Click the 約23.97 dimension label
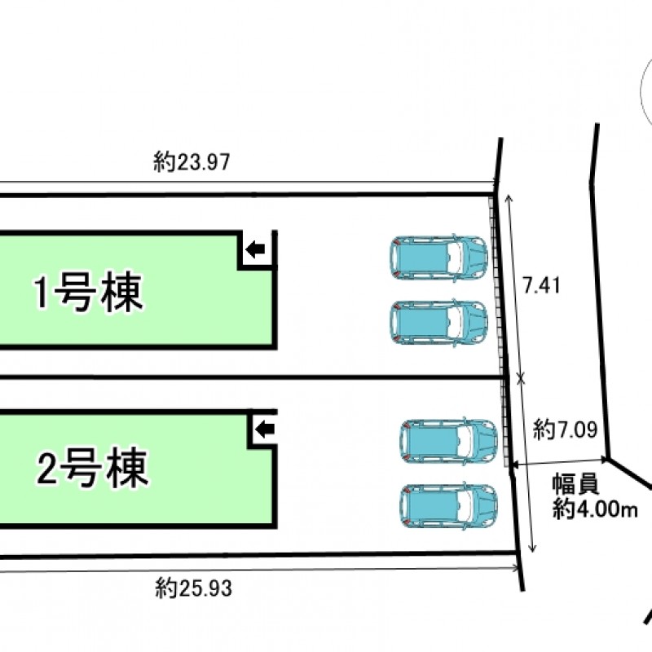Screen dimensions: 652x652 pyautogui.click(x=192, y=161)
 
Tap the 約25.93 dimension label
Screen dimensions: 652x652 pyautogui.click(x=193, y=588)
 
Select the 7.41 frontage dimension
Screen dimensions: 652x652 pyautogui.click(x=541, y=285)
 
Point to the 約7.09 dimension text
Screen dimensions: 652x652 pyautogui.click(x=565, y=430)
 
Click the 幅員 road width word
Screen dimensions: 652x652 pyautogui.click(x=575, y=484)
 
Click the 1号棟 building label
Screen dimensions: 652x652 pyautogui.click(x=88, y=293)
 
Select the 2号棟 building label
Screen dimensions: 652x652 pyautogui.click(x=93, y=468)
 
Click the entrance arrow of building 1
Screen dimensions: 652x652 pyautogui.click(x=255, y=249)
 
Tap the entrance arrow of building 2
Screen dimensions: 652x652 pyautogui.click(x=264, y=429)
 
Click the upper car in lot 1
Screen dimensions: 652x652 pyautogui.click(x=438, y=258)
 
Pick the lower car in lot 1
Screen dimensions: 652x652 pyautogui.click(x=438, y=322)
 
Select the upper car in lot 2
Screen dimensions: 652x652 pyautogui.click(x=449, y=441)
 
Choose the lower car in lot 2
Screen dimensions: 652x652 pyautogui.click(x=449, y=505)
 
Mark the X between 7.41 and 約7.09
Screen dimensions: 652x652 pyautogui.click(x=521, y=379)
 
